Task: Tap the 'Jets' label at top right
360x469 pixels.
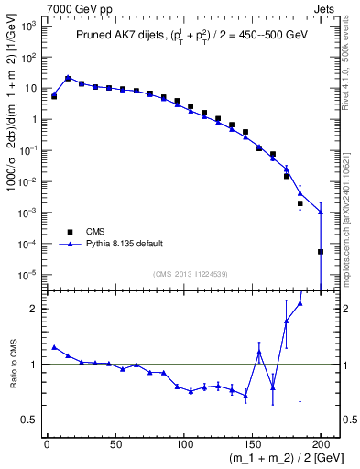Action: pyautogui.click(x=325, y=7)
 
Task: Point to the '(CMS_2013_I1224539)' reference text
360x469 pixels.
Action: pyautogui.click(x=192, y=273)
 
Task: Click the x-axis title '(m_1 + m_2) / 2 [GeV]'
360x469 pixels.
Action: pyautogui.click(x=280, y=459)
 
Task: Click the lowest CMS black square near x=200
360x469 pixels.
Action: pyautogui.click(x=321, y=251)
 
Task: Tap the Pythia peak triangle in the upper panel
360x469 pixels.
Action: pyautogui.click(x=68, y=78)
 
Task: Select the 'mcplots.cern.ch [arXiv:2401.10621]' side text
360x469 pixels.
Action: pyautogui.click(x=352, y=202)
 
